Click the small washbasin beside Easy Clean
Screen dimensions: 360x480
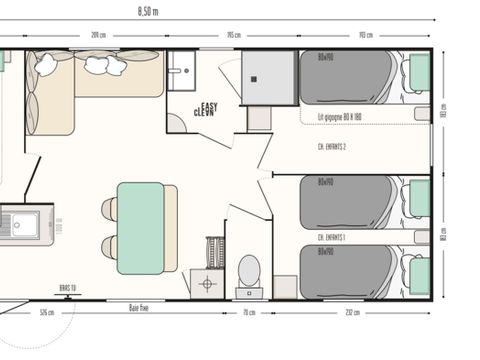[x=181, y=71]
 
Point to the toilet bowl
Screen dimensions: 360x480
[x=249, y=270]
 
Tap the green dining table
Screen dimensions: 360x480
[x=140, y=227]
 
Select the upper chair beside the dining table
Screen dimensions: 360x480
[x=108, y=210]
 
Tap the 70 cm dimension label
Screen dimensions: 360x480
[x=249, y=311]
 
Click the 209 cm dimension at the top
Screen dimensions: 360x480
[x=98, y=34]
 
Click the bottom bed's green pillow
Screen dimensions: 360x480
[x=419, y=274]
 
